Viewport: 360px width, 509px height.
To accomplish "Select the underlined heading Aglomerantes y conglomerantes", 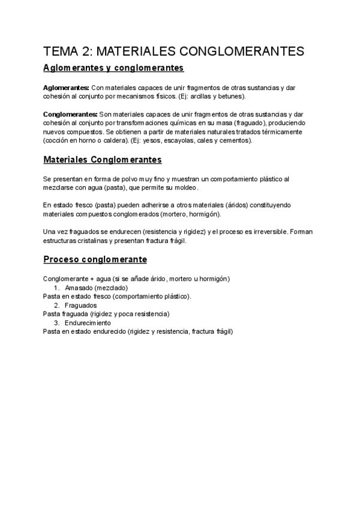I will (x=113, y=67).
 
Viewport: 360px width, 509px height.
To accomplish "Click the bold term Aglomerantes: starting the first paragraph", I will (x=66, y=88).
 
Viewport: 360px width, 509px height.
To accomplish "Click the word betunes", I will (x=229, y=96).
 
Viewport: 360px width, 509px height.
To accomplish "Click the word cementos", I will (x=232, y=140).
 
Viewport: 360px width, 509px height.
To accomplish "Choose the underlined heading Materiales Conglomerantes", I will (x=103, y=160).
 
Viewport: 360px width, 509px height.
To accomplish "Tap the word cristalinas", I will (x=89, y=240).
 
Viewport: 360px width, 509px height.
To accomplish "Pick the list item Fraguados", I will (x=81, y=305).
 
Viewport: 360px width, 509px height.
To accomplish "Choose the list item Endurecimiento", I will (x=88, y=323).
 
